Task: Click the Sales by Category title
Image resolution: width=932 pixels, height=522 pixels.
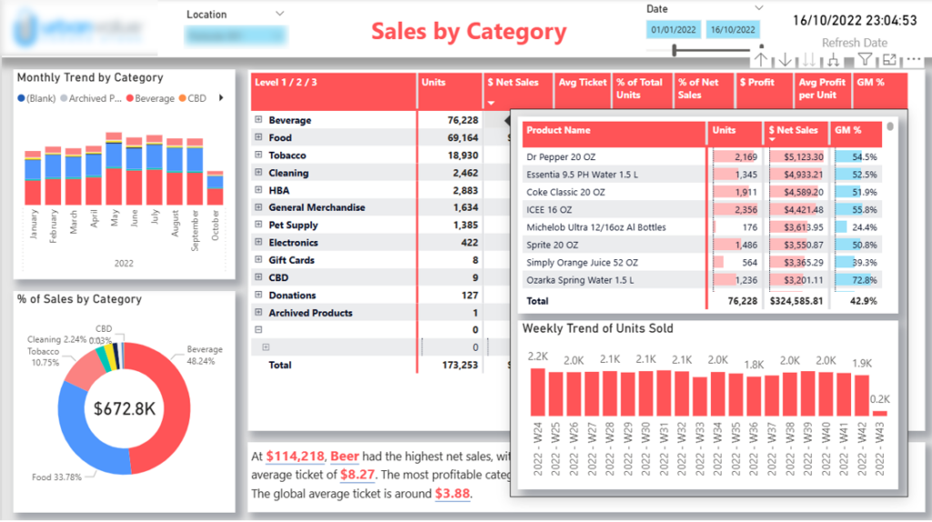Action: (x=469, y=32)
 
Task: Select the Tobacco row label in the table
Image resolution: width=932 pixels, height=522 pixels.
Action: (x=288, y=156)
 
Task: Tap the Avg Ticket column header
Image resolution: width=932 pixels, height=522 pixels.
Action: (x=582, y=83)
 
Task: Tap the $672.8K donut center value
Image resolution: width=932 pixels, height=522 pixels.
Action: (x=125, y=409)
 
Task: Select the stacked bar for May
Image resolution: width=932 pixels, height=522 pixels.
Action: (x=114, y=169)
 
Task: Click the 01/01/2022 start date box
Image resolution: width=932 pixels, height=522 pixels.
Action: (x=674, y=30)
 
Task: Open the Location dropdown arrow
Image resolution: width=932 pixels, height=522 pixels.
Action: (x=279, y=14)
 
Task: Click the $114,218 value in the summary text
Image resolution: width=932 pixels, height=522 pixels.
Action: (x=296, y=457)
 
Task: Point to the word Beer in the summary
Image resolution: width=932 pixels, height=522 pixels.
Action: (x=345, y=457)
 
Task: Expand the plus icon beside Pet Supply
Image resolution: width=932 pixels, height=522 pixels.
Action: (x=258, y=226)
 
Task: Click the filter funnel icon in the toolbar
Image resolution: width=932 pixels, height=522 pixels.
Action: (x=865, y=60)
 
